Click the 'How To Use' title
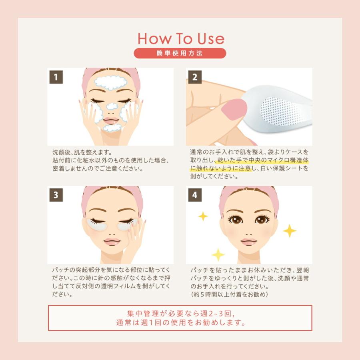click(180, 38)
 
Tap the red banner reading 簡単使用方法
click(180, 53)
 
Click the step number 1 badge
click(56, 77)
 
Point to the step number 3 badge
click(56, 195)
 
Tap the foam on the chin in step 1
click(110, 128)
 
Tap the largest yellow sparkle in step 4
click(289, 231)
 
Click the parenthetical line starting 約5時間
click(229, 295)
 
